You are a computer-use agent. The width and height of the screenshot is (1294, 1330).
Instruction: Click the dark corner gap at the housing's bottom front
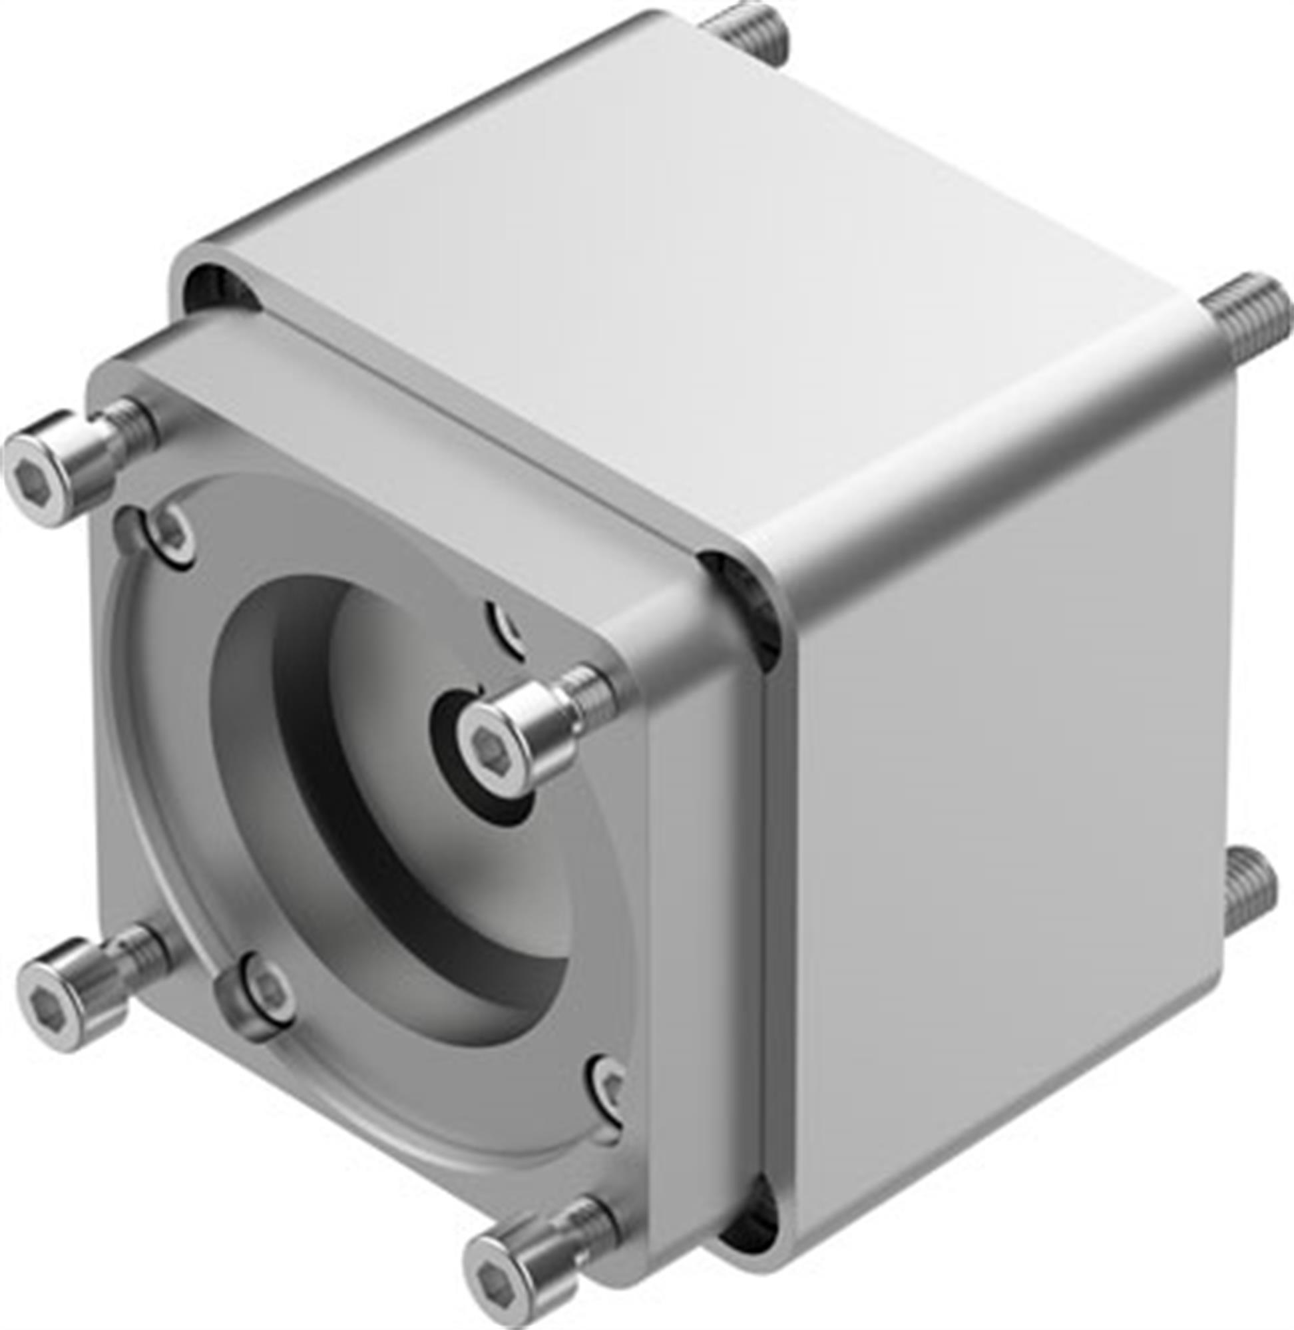[x=748, y=1217]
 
